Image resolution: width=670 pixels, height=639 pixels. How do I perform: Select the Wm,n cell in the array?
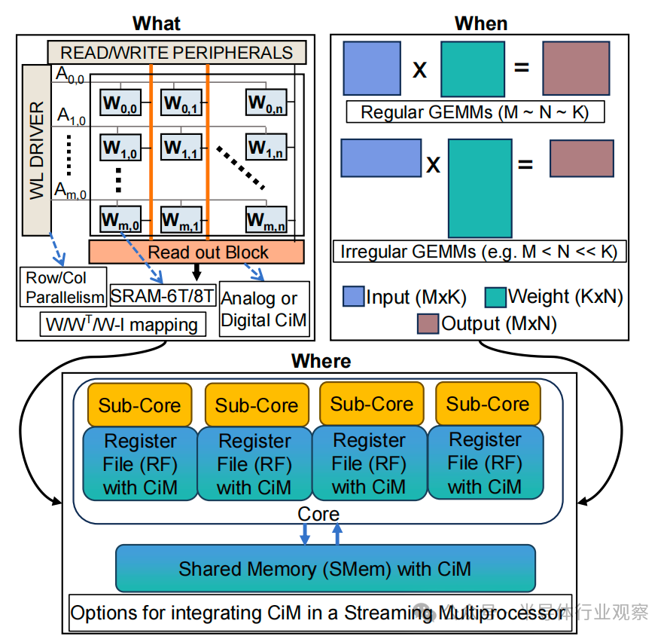coord(266,220)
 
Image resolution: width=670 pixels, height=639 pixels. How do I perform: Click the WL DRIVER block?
coord(36,149)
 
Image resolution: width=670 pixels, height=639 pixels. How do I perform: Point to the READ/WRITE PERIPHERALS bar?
coord(176,53)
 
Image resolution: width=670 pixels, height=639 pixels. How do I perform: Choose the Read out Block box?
coord(196,252)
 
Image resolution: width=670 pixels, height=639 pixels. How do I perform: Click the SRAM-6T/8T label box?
coord(163,294)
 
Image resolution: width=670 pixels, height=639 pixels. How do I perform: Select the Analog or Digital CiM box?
coord(263,310)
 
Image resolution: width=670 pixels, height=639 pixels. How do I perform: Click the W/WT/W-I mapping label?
coord(122,325)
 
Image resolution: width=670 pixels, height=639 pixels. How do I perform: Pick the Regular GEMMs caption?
coord(475,112)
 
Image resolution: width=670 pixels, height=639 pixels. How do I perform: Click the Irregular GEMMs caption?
coord(480,251)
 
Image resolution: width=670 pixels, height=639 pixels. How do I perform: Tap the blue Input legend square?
coord(353,296)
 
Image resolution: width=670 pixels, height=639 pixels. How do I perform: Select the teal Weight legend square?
coord(495,296)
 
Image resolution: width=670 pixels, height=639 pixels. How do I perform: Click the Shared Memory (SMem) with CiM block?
coord(325,568)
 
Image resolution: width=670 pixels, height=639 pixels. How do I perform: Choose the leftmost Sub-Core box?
coord(140,405)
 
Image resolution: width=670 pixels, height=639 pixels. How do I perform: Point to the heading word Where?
coord(321,361)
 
